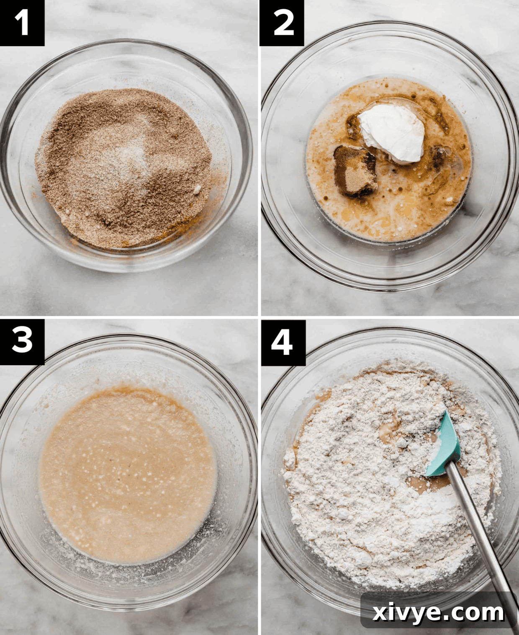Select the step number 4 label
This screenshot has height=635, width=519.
(283, 342)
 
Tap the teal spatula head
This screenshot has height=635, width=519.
(445, 447)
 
